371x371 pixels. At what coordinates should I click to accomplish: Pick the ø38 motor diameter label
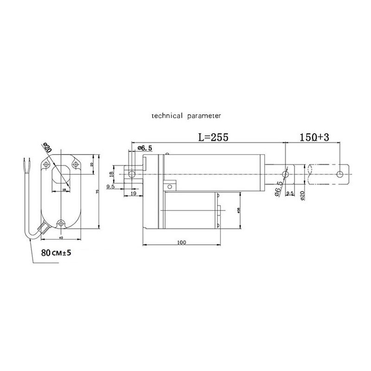click(x=238, y=210)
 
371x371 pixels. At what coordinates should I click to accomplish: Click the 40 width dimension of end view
click(x=61, y=238)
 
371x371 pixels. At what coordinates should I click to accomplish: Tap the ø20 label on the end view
click(x=46, y=149)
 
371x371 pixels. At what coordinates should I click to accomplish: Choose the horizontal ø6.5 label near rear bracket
click(x=145, y=148)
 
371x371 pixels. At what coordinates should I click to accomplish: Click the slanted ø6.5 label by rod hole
click(x=278, y=188)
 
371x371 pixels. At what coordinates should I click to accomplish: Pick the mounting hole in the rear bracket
click(x=132, y=174)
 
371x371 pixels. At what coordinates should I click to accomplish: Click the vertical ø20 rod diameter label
click(x=302, y=196)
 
